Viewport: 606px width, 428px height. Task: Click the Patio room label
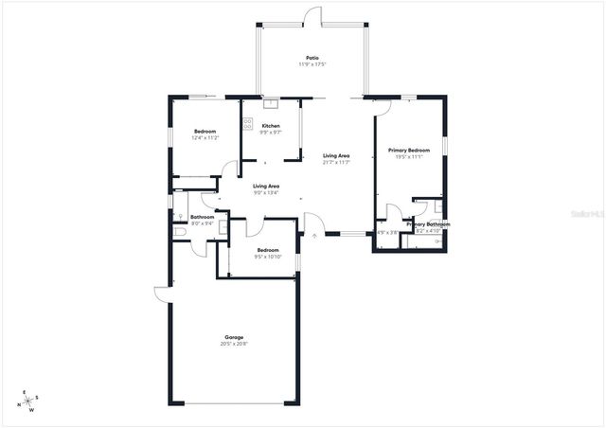tap(312, 57)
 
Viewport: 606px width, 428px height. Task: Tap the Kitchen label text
tap(271, 126)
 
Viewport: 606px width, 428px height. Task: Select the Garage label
tap(234, 337)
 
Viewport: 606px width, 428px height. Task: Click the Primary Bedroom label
tap(409, 150)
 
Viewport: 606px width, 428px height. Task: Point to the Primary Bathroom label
tap(428, 224)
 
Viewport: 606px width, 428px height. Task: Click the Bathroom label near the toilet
tap(203, 217)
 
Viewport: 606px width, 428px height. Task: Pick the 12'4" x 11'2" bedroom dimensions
tap(206, 138)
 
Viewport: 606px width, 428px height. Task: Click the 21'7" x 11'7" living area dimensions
tap(336, 162)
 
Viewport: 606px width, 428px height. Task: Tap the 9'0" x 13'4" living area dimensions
tap(266, 193)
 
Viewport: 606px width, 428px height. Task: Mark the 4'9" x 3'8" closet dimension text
tap(388, 232)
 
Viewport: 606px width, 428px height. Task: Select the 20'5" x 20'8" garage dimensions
tap(234, 344)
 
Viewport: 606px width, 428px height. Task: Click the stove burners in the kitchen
tap(248, 126)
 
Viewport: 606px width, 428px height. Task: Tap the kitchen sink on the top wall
tap(270, 104)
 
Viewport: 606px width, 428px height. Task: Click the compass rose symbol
tap(29, 401)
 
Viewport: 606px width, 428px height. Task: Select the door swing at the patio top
tap(312, 16)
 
